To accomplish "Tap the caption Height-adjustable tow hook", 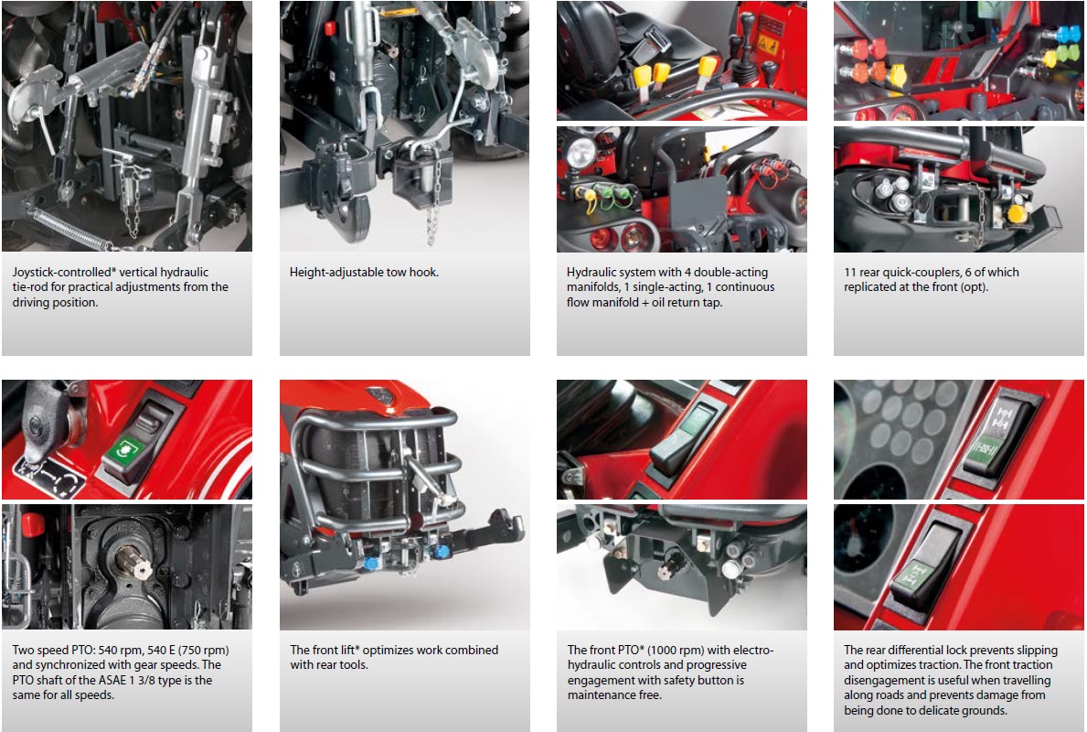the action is tap(364, 272).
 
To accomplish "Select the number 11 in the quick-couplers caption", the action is tap(850, 272).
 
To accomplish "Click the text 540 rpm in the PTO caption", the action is tap(117, 651).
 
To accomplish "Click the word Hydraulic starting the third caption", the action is tap(592, 272).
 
